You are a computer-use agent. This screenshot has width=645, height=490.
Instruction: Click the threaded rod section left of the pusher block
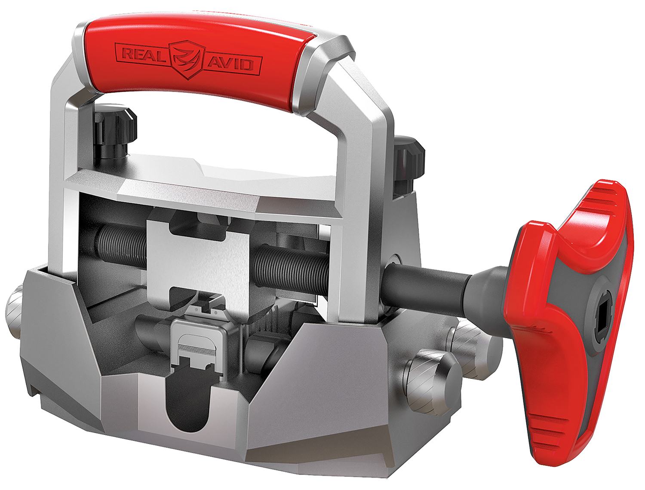(120, 247)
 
